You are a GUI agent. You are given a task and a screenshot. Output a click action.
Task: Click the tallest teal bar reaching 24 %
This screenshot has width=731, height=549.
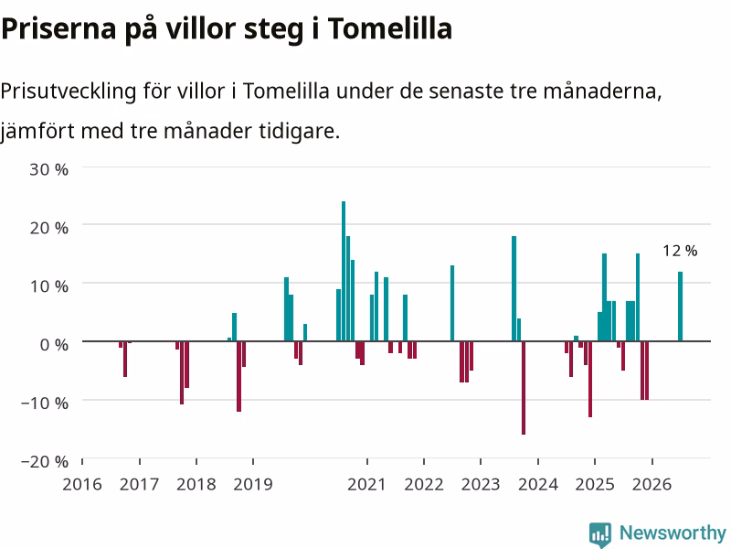coord(344,271)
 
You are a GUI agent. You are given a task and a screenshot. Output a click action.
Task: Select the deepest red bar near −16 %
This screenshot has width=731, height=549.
coord(524,388)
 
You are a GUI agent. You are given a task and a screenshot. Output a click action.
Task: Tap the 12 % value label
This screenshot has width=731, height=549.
coord(680,251)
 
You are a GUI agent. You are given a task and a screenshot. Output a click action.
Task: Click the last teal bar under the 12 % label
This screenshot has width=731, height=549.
coord(680,307)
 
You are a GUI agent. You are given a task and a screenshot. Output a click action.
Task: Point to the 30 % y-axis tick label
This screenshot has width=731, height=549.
coord(49,169)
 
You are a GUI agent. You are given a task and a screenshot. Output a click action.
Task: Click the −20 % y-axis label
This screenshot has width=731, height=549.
coord(45,461)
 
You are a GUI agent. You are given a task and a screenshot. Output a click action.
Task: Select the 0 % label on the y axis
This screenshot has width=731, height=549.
coord(54,345)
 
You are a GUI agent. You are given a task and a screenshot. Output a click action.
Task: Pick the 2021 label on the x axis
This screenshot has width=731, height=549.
coord(366,484)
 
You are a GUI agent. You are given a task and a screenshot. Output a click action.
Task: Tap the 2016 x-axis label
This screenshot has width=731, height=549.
coord(82,484)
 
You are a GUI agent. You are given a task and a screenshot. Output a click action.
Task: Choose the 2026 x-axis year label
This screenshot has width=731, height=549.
coord(652,484)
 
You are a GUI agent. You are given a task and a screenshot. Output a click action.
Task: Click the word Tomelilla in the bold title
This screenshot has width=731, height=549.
coord(390,28)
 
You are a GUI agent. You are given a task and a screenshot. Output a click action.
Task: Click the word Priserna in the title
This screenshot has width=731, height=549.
coord(58,28)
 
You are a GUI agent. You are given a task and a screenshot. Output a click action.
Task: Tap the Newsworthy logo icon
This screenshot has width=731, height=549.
coord(600,534)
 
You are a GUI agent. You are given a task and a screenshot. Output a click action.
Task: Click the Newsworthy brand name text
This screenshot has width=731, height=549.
coord(673,533)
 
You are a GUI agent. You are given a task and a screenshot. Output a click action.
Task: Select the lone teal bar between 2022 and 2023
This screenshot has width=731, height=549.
coord(452,304)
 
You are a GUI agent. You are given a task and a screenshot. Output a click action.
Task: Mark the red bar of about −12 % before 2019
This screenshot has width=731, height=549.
coord(239,376)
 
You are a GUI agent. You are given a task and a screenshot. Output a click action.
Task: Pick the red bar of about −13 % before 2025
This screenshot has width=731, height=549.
coord(590,379)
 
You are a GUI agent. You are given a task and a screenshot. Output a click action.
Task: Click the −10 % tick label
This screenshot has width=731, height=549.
coord(45,403)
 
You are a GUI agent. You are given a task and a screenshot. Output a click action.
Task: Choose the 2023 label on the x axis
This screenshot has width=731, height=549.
coord(481,484)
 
